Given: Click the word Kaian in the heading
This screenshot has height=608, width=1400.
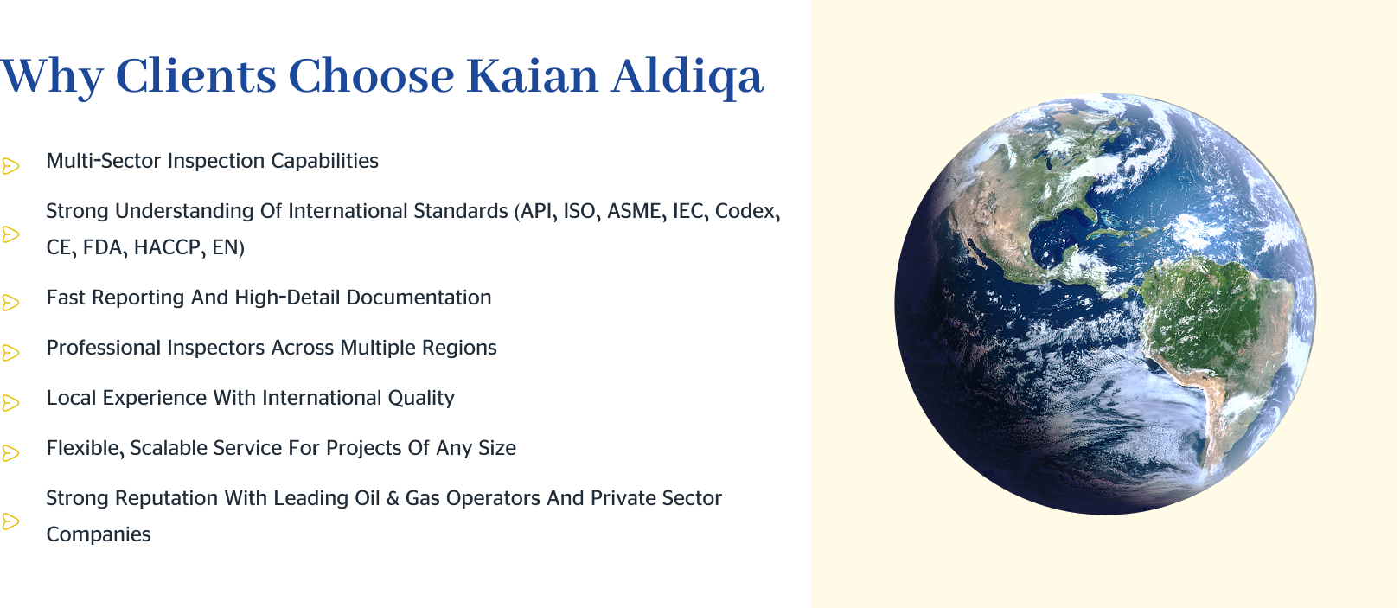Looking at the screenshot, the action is [x=532, y=76].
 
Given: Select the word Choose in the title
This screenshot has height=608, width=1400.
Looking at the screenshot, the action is [x=371, y=76].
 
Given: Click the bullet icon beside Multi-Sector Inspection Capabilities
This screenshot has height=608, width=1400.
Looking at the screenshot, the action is [x=10, y=165].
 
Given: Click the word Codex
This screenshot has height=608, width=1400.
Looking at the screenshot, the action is [x=745, y=211].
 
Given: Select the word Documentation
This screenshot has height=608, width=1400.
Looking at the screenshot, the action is [x=419, y=298].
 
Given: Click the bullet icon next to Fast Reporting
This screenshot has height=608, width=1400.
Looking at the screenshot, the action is [x=10, y=303].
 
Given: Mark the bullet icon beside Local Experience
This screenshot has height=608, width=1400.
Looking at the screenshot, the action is [x=10, y=403].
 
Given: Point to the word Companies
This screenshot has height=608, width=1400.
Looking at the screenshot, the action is [x=98, y=534].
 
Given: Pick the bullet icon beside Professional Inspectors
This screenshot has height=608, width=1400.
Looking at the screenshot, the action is [x=10, y=353].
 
